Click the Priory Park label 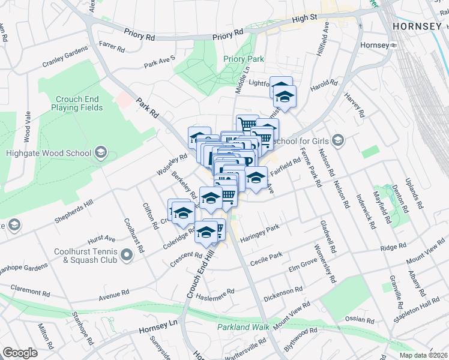coord(244,59)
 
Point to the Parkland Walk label coord(240,327)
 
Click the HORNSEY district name coord(418,27)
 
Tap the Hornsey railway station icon coord(394,46)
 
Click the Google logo coord(20,353)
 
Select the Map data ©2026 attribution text coord(423,355)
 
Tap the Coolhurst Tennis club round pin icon coord(127,256)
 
